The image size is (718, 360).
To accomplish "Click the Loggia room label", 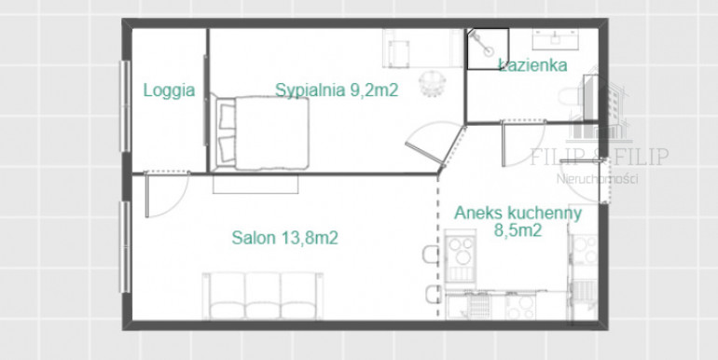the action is pyautogui.click(x=169, y=90).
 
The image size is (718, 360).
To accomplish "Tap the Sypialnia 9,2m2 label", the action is pyautogui.click(x=337, y=90).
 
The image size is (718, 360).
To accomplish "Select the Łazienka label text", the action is pyautogui.click(x=533, y=65).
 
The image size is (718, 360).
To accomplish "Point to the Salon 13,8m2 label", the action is pyautogui.click(x=284, y=238).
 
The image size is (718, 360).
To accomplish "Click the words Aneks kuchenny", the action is pyautogui.click(x=518, y=213).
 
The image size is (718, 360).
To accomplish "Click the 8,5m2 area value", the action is pyautogui.click(x=518, y=230).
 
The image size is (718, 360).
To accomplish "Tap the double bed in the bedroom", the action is pyautogui.click(x=259, y=132).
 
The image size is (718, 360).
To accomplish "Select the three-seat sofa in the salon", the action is pyautogui.click(x=263, y=296).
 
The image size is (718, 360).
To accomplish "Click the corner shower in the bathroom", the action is pyautogui.click(x=488, y=49).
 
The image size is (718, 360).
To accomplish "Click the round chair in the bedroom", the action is pyautogui.click(x=432, y=83).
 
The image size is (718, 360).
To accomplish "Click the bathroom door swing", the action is pyautogui.click(x=523, y=143).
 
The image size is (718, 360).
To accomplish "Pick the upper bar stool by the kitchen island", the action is pyautogui.click(x=431, y=255).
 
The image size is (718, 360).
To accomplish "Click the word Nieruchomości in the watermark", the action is pyautogui.click(x=597, y=179).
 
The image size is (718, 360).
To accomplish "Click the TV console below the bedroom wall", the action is pyautogui.click(x=255, y=184).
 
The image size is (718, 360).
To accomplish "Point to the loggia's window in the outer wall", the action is pyautogui.click(x=125, y=105).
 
